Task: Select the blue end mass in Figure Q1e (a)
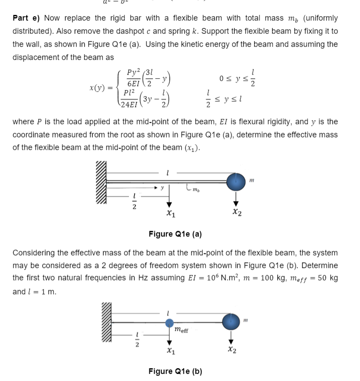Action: (x=236, y=180)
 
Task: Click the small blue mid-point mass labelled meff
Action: (x=170, y=323)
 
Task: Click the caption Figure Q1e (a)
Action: (x=175, y=234)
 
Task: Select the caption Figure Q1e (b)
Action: (x=175, y=371)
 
